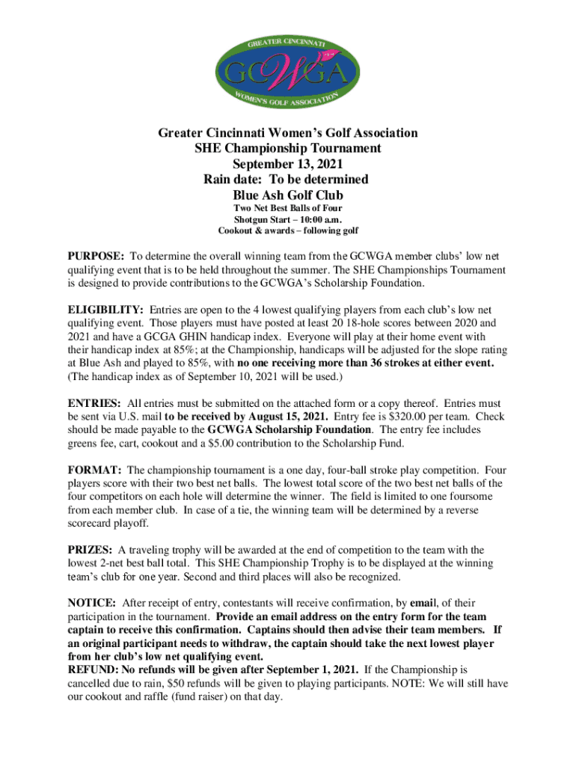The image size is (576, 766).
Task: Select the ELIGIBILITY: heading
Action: (105, 310)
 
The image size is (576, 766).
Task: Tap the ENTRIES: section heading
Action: (94, 404)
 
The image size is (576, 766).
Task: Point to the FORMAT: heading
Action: (95, 471)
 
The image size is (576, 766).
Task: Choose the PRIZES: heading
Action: (91, 551)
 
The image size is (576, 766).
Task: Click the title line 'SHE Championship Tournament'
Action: (287, 148)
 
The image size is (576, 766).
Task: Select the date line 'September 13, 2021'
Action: (287, 164)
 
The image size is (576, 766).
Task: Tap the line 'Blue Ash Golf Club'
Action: (287, 195)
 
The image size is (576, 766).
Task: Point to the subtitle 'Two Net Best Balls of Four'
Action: (287, 209)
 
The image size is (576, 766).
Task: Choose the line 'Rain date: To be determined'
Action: (287, 180)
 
